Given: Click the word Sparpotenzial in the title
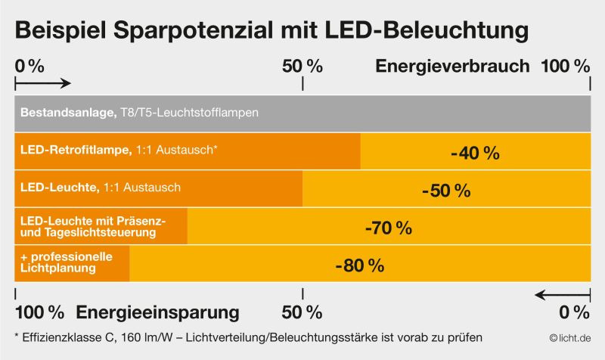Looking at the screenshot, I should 179,31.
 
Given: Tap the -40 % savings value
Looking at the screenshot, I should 475,154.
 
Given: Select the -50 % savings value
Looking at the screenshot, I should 446,191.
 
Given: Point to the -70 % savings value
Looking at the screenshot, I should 388,228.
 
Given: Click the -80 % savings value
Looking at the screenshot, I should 359,265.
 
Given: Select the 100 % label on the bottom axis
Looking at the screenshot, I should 40,312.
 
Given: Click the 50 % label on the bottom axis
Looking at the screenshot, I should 302,312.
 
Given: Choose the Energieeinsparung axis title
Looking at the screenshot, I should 158,312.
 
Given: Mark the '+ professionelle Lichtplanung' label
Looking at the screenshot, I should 67,262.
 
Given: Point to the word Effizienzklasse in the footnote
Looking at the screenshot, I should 60,337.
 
